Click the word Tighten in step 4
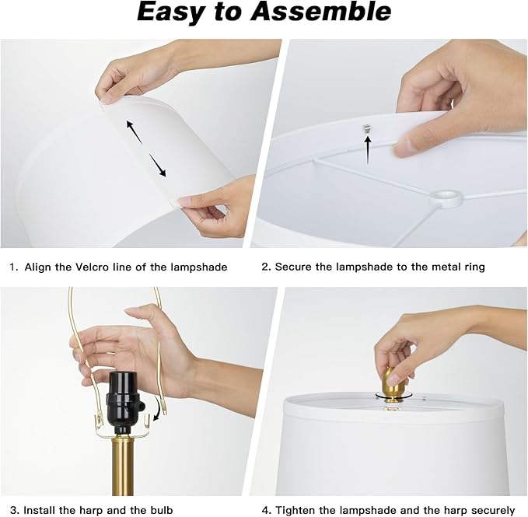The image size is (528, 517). (295, 510)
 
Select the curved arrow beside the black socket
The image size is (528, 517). (158, 408)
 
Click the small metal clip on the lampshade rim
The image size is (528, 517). (365, 128)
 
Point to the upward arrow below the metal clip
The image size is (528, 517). (368, 149)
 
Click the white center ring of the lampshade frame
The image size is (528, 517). (446, 198)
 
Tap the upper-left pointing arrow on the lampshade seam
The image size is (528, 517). (135, 132)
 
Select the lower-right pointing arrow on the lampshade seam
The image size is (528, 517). (158, 166)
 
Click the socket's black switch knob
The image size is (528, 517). (142, 407)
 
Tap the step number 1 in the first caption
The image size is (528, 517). (12, 267)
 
